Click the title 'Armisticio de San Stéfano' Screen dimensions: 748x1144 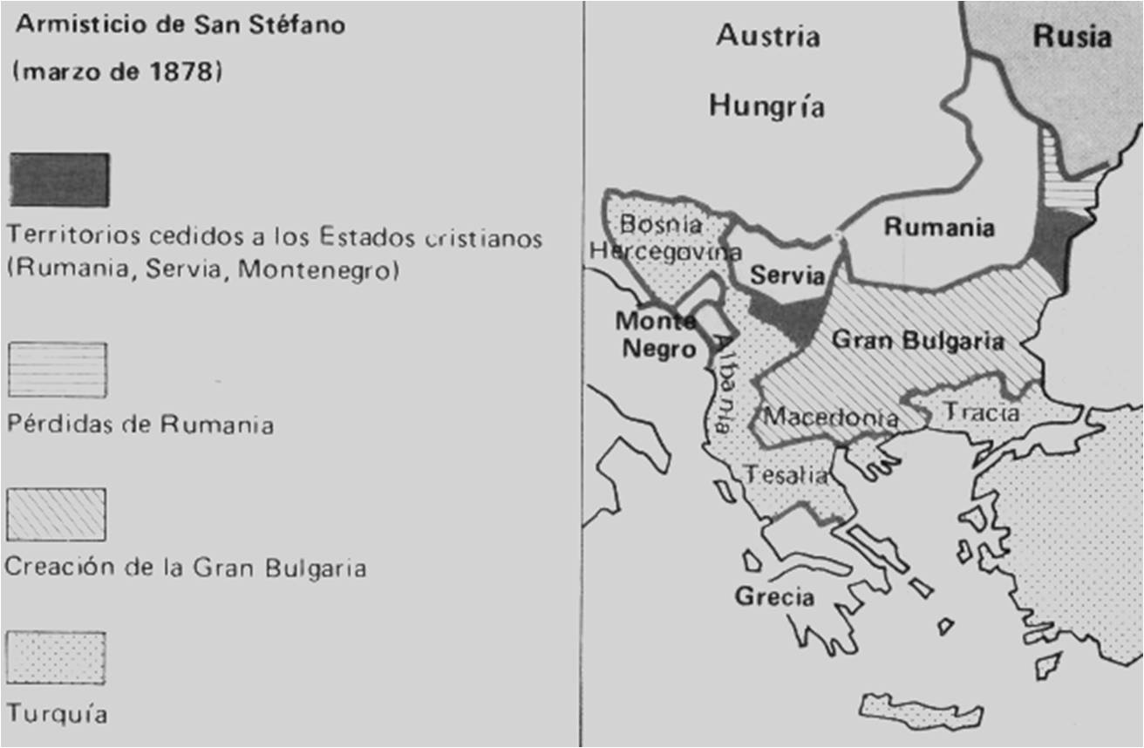(x=180, y=25)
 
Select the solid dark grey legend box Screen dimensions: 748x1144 (x=59, y=180)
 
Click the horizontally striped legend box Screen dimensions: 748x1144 (x=58, y=370)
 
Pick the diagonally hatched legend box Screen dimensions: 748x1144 (x=57, y=513)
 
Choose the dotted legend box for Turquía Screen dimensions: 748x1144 (x=57, y=658)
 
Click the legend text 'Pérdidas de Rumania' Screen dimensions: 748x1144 (x=140, y=425)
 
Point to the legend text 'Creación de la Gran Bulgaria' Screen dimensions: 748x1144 (x=186, y=568)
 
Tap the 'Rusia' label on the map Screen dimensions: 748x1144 (x=1072, y=37)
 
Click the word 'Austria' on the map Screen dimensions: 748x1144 (x=768, y=37)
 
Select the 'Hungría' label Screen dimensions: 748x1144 (x=766, y=106)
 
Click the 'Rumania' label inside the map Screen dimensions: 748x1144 (x=939, y=228)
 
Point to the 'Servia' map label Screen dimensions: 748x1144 (x=787, y=275)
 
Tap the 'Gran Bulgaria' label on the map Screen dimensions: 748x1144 (x=918, y=340)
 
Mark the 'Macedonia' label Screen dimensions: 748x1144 (x=830, y=417)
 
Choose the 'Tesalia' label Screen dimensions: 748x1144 (x=785, y=475)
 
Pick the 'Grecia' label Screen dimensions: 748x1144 (x=774, y=597)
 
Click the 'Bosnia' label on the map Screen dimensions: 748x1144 (x=660, y=224)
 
